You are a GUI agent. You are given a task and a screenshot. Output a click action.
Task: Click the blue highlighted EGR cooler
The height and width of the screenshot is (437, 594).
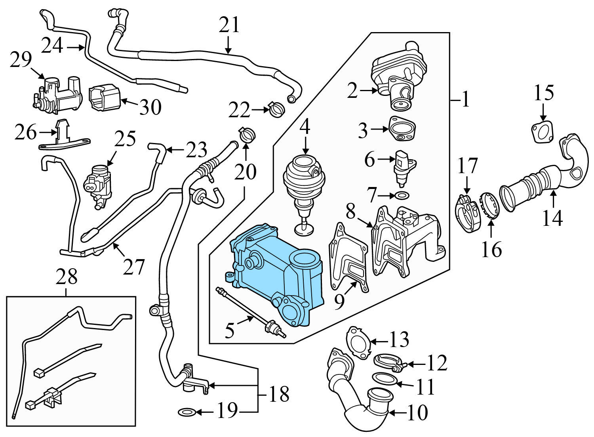point(273,273)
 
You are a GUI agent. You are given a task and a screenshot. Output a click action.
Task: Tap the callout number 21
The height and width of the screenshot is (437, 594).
point(229,25)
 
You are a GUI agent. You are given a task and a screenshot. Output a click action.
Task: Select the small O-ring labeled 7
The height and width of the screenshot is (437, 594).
point(402,195)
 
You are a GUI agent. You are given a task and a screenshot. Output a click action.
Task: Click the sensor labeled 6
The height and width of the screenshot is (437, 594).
point(403,168)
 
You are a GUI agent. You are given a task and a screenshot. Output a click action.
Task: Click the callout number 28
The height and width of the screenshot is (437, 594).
point(66,277)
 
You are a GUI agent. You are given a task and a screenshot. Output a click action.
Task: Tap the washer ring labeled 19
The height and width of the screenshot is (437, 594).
point(186,413)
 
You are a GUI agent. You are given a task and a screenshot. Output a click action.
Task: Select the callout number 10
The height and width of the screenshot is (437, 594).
point(417,412)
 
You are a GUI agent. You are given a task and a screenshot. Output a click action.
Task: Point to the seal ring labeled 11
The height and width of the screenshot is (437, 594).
point(384,379)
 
